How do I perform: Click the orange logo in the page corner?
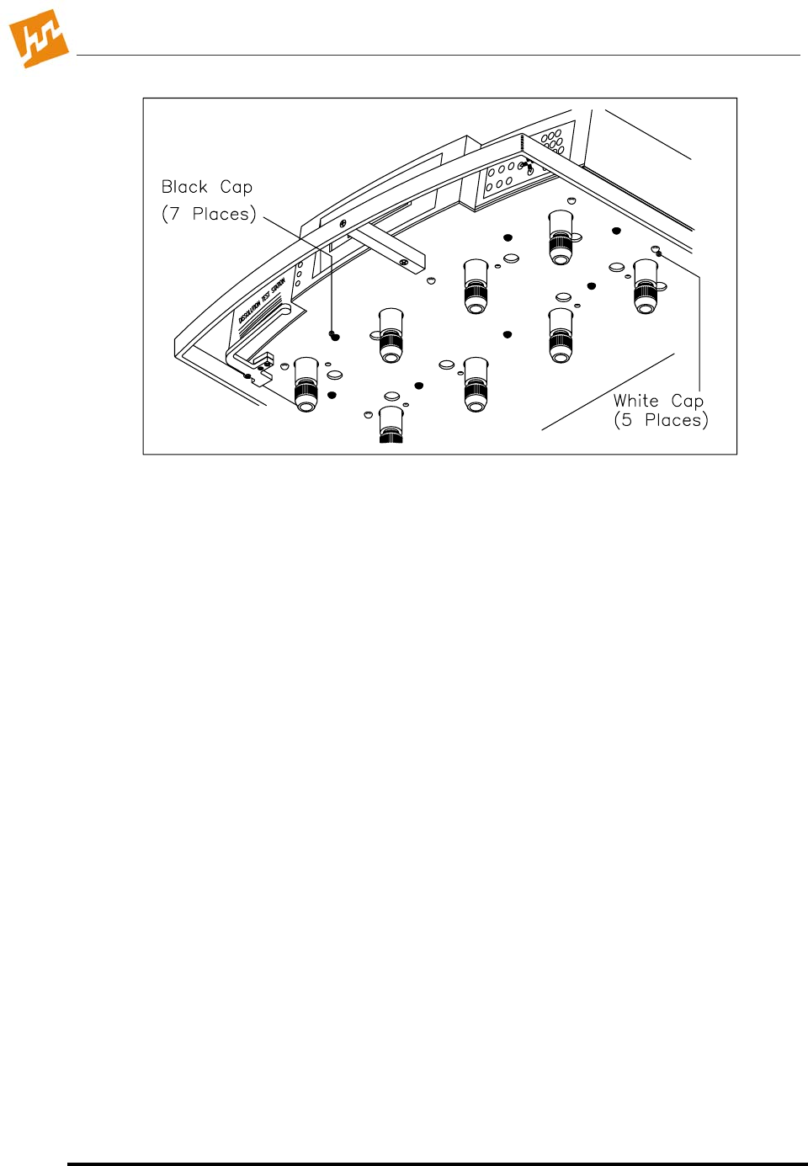(38, 38)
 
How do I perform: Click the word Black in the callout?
(184, 187)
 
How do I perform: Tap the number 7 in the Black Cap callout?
(174, 214)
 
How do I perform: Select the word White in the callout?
(635, 401)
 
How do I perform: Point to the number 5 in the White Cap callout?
(626, 420)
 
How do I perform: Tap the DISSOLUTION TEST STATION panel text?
(262, 301)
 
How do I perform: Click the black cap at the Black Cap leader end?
(335, 337)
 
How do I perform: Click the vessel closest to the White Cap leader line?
(646, 285)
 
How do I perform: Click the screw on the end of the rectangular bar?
(404, 263)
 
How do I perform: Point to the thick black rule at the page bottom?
(437, 1163)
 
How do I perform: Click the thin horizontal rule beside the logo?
(438, 56)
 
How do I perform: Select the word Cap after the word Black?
(236, 187)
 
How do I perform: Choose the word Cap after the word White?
(687, 402)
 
